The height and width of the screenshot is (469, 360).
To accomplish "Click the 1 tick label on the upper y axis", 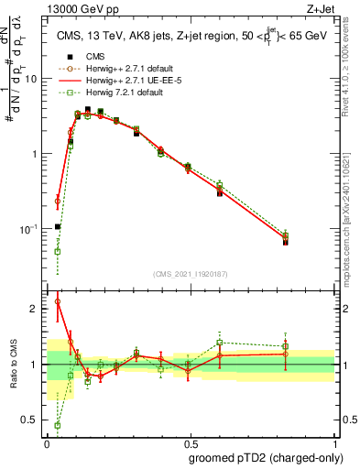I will pos(35,154).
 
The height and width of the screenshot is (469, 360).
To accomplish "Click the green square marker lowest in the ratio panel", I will pos(58,425).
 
